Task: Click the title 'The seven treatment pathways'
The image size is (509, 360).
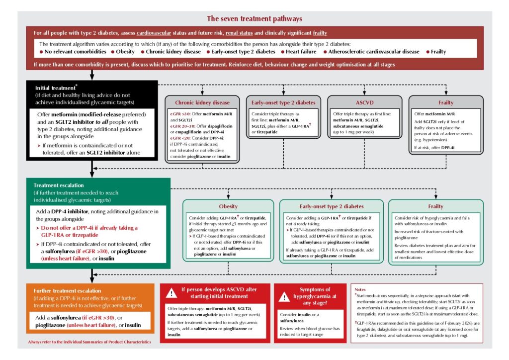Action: pos(254,19)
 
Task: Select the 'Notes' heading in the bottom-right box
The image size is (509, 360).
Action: pos(361,288)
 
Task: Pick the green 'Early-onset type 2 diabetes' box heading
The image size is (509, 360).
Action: pos(332,206)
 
